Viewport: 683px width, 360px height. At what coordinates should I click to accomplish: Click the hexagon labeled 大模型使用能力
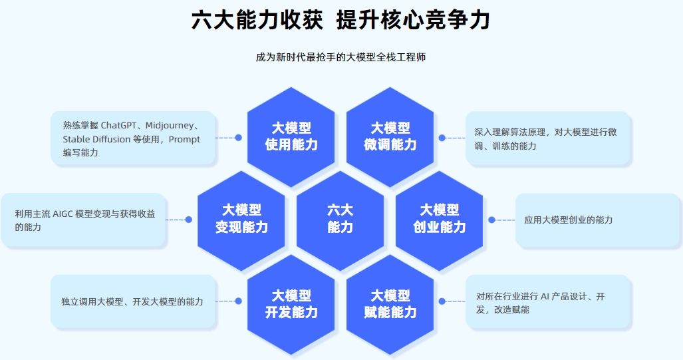coord(291,136)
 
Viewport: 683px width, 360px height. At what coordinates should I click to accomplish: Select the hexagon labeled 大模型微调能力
coord(390,136)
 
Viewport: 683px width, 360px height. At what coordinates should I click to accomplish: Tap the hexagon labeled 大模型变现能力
coord(241,219)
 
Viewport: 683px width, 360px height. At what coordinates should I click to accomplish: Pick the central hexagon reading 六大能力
coord(341,219)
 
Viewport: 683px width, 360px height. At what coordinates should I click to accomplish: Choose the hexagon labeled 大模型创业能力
coord(440,219)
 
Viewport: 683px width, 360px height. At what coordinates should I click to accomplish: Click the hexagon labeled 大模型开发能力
coord(291,303)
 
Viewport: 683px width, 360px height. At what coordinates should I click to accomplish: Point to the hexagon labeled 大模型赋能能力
coord(390,303)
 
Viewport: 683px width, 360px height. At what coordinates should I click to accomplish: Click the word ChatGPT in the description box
coord(121,125)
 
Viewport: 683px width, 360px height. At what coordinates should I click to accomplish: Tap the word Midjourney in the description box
coord(168,125)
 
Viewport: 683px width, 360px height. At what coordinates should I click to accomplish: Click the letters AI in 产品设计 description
coord(545,296)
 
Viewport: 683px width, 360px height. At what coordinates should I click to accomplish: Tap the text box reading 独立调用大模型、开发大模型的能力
coord(133,301)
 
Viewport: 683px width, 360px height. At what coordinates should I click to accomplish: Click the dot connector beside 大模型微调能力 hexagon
coord(442,138)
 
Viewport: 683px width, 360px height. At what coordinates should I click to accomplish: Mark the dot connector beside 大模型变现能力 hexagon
coord(189,220)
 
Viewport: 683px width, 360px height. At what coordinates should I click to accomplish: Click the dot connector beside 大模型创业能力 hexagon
coord(491,220)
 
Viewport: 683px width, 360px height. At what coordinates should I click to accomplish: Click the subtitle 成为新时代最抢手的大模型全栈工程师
coord(341,57)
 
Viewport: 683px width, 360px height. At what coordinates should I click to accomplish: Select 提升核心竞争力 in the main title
coord(413,20)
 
